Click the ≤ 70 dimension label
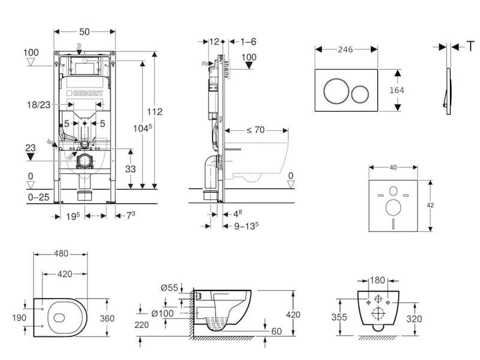[x=254, y=129]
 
